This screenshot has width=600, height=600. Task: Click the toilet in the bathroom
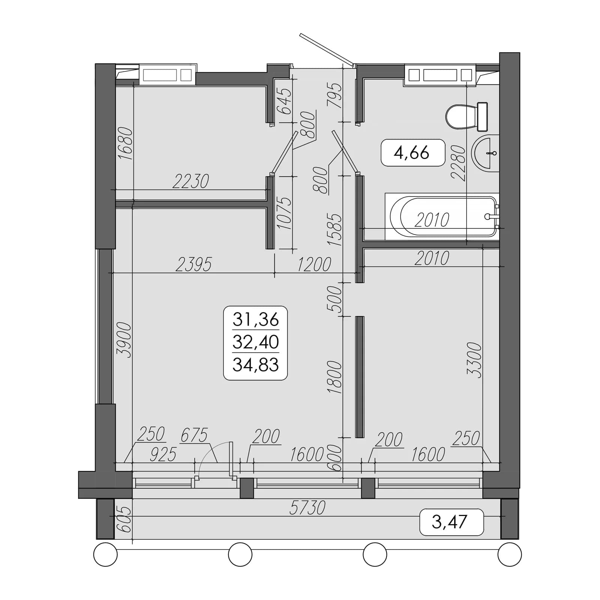[x=467, y=116]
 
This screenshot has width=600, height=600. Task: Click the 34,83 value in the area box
[x=256, y=364]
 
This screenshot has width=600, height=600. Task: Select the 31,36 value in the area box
[x=256, y=319]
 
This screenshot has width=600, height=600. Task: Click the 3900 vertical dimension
[x=124, y=340]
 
